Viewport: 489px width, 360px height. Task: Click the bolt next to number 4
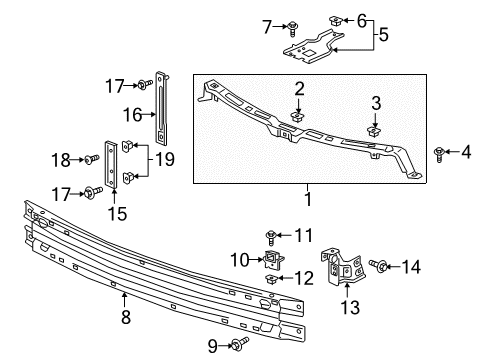(x=440, y=151)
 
